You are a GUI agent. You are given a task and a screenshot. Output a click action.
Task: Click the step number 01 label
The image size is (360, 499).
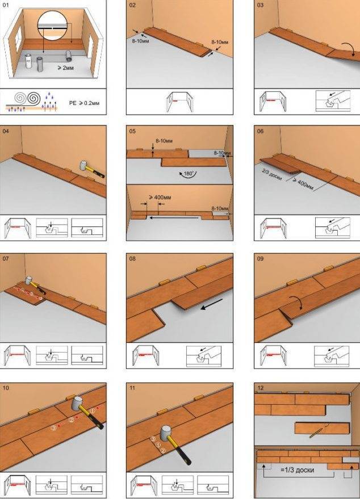6,5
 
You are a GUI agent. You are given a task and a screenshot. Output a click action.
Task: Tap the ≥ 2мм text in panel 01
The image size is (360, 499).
65,68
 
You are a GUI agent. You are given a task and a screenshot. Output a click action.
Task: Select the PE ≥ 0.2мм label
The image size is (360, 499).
84,103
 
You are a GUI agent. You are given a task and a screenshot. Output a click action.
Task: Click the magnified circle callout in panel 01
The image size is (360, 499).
52,26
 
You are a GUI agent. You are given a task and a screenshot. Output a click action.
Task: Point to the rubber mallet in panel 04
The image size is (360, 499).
91,169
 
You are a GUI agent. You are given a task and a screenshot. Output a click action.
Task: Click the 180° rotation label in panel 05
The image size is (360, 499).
189,174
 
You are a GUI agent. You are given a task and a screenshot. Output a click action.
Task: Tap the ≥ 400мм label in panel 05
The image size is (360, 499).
160,198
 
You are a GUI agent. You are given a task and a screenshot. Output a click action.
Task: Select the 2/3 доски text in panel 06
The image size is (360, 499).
272,174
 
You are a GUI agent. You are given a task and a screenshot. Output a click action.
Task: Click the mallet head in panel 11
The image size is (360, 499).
166,433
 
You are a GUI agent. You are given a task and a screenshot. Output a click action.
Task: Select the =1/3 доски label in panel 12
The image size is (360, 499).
298,469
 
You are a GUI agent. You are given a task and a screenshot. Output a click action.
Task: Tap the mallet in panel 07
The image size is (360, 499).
35,285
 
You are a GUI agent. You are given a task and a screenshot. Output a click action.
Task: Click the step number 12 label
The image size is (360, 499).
261,388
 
